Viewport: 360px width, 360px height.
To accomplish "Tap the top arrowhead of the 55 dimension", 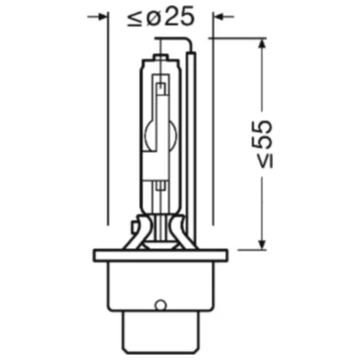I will (x=261, y=44).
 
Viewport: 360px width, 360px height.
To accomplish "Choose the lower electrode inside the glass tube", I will (x=161, y=186).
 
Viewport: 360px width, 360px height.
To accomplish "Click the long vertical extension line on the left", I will (x=109, y=125).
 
